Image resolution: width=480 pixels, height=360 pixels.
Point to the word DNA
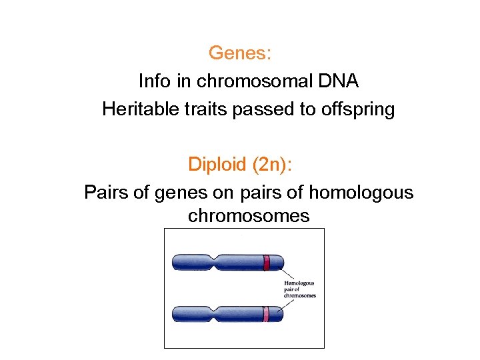338,81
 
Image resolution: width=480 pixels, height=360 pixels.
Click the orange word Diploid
216,164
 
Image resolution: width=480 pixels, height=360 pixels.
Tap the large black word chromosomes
249,216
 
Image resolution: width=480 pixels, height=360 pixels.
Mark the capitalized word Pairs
105,193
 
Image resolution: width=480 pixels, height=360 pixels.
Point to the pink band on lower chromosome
265,313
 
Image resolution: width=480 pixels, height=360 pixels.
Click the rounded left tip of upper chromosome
175,262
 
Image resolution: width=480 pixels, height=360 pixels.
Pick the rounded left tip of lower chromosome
175,313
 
